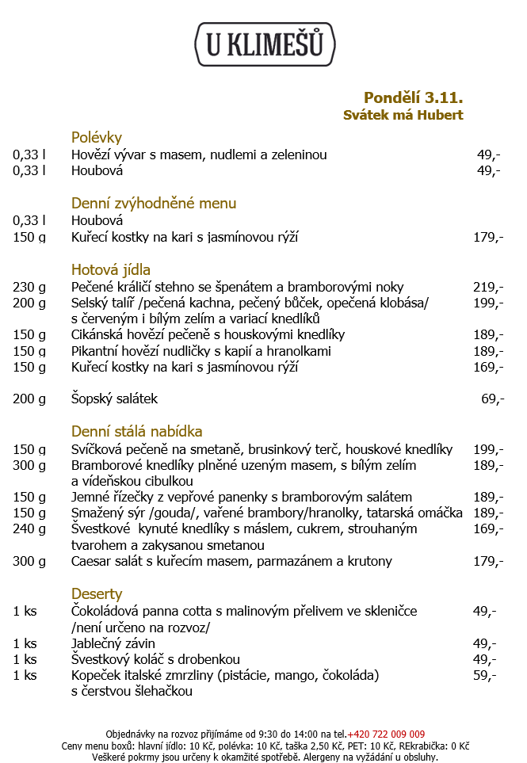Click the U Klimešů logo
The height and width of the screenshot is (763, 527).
pyautogui.click(x=265, y=44)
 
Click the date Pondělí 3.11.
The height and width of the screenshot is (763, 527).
pyautogui.click(x=413, y=97)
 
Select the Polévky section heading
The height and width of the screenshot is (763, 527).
pyautogui.click(x=96, y=137)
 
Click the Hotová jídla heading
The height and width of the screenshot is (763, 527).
pyautogui.click(x=111, y=269)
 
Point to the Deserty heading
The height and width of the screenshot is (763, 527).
pyautogui.click(x=97, y=593)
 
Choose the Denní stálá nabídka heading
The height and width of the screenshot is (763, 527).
pyautogui.click(x=137, y=431)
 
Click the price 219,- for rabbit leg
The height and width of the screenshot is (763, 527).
pyautogui.click(x=488, y=287)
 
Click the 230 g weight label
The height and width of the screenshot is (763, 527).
pyautogui.click(x=29, y=287)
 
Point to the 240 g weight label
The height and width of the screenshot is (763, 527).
pyautogui.click(x=29, y=528)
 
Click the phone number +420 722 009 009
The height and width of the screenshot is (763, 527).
pyautogui.click(x=386, y=734)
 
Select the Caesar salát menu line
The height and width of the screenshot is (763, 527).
pyautogui.click(x=231, y=562)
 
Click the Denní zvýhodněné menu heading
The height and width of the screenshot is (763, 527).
pyautogui.click(x=154, y=203)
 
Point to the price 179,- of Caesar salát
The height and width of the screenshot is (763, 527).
pyautogui.click(x=488, y=562)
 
